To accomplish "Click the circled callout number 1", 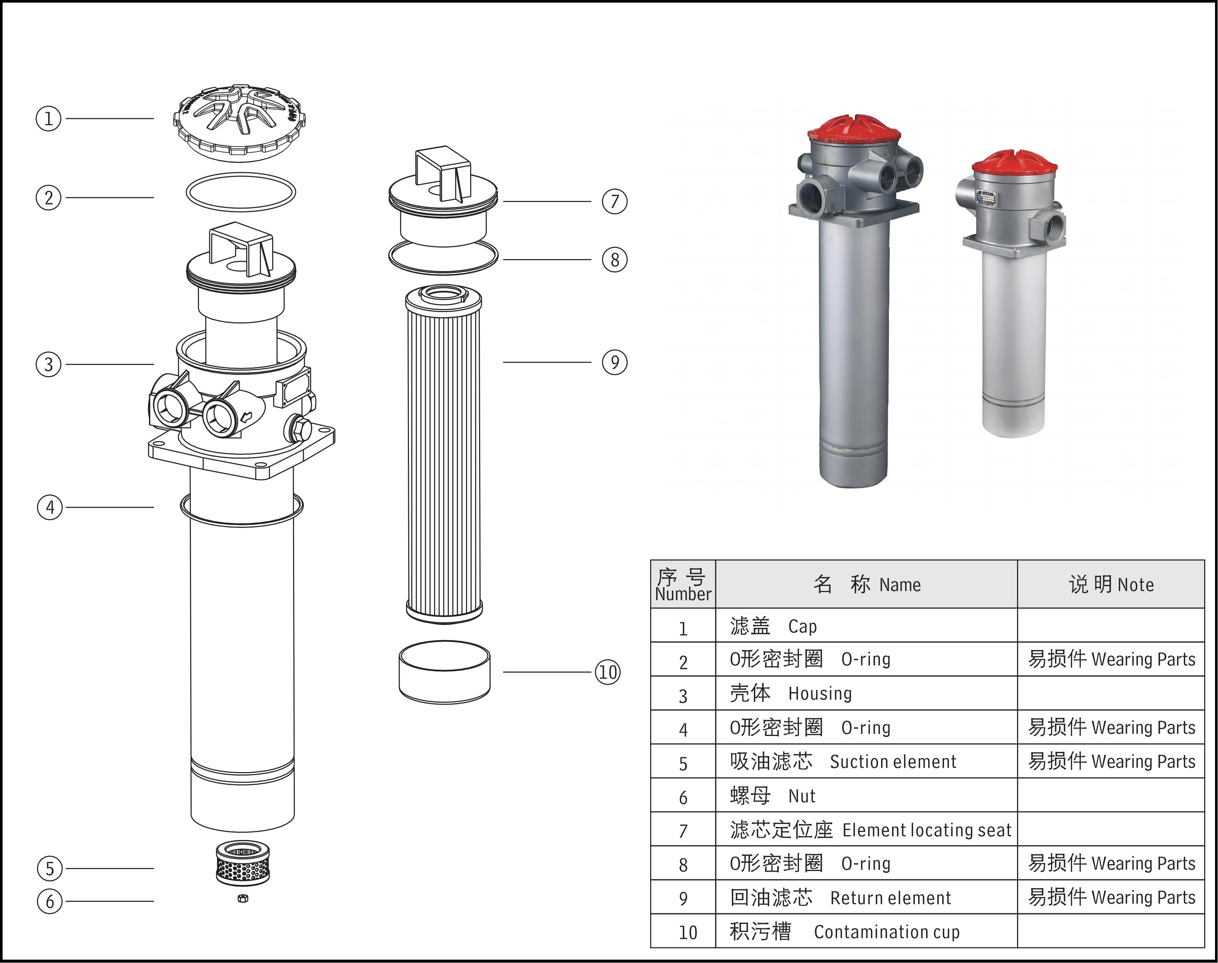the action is (48, 119).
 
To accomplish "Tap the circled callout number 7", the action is (615, 201).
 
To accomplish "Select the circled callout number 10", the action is (608, 672).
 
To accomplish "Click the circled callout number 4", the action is (50, 507).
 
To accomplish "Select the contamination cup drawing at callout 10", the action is (444, 671).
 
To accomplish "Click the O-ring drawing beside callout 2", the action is (241, 192).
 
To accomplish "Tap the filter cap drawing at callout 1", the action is (240, 123).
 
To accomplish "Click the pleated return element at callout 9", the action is (444, 454).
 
